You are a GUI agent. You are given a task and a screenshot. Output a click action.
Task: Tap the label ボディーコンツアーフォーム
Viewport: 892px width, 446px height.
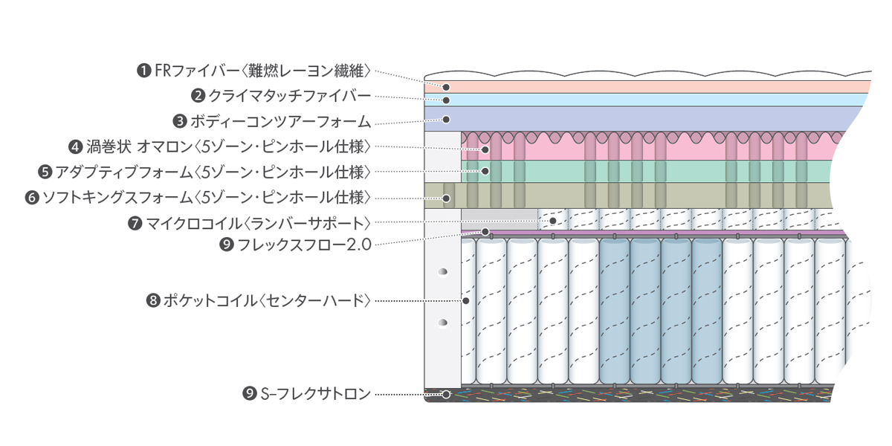click(x=279, y=120)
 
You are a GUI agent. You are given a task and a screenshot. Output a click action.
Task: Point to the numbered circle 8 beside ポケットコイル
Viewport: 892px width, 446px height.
click(x=154, y=301)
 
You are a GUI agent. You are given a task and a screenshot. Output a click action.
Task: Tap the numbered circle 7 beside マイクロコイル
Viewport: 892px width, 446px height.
click(x=135, y=223)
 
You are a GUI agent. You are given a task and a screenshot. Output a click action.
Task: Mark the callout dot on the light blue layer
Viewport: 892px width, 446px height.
click(x=447, y=100)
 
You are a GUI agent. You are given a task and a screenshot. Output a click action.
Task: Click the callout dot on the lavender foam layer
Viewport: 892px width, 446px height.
click(x=447, y=119)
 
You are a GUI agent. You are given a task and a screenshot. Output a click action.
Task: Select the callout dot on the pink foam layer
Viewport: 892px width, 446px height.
click(x=485, y=150)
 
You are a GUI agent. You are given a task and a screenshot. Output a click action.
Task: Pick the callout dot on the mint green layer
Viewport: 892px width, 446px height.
click(x=485, y=171)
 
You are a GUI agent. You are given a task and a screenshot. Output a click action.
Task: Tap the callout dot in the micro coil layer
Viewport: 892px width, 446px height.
click(x=552, y=221)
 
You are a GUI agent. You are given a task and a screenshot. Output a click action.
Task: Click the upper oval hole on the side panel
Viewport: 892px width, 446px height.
click(x=443, y=271)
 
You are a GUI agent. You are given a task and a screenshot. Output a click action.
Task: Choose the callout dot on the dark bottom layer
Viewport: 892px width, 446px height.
click(x=446, y=395)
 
